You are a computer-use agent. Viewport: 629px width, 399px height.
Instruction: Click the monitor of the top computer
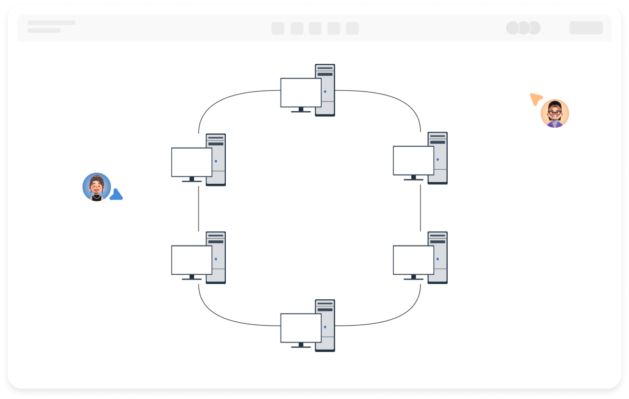pos(301,92)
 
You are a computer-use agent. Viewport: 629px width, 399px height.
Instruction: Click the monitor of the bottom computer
pos(301,328)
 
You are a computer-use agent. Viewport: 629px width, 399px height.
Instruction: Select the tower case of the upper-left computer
pos(216,159)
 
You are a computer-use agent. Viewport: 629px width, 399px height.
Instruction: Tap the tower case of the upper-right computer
pos(438,158)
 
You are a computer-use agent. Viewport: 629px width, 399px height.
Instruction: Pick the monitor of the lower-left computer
pos(191,259)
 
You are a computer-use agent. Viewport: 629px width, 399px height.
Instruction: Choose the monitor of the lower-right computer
pos(413,259)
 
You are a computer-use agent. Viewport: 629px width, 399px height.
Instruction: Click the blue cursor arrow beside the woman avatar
pos(116,195)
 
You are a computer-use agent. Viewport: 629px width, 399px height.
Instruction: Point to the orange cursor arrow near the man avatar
pos(536,99)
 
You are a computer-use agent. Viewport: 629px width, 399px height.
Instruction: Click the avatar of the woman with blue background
pos(96,187)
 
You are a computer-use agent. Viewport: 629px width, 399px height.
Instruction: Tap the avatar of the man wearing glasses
pos(555,113)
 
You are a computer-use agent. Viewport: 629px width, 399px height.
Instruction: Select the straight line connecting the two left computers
pos(198,209)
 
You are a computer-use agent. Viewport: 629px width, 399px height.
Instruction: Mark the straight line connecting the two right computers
pos(420,208)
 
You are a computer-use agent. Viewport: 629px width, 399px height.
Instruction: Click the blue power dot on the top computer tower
pos(325,91)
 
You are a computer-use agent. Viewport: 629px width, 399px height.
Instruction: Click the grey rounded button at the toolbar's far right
pos(586,28)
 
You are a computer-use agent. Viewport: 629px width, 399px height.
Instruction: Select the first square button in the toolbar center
pos(278,28)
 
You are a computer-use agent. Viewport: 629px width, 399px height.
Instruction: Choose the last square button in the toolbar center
pos(352,28)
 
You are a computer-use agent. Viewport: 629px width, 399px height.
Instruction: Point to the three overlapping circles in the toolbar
pos(523,28)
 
